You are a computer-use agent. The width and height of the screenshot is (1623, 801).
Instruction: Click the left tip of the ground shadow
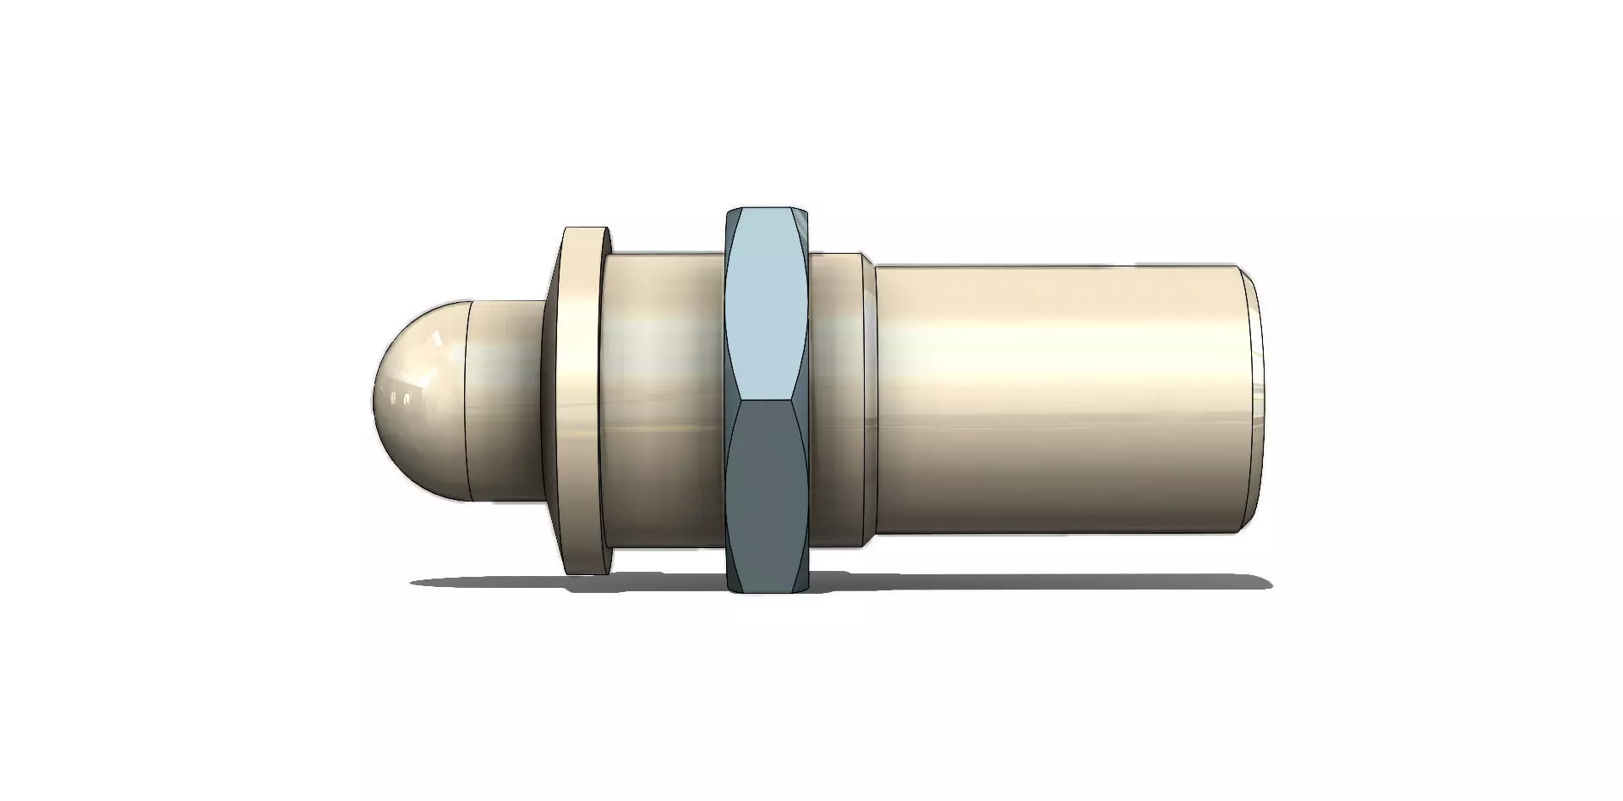416,583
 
